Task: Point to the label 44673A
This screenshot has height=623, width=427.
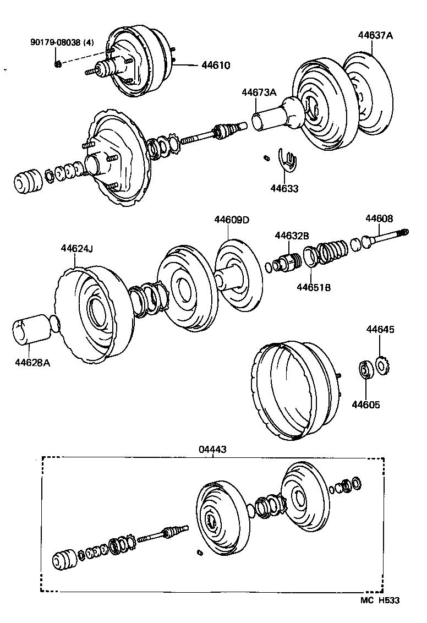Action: [259, 92]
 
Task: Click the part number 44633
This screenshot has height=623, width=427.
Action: [284, 189]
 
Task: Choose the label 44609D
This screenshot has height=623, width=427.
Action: [232, 220]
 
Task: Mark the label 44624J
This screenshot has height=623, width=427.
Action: [76, 248]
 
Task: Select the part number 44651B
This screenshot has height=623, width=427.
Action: [314, 287]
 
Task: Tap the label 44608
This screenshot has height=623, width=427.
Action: [379, 218]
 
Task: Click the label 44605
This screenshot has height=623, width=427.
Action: [366, 405]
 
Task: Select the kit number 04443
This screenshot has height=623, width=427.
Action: [212, 450]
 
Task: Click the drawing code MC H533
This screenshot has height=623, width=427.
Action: [379, 600]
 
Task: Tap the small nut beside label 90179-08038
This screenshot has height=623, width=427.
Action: [58, 64]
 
